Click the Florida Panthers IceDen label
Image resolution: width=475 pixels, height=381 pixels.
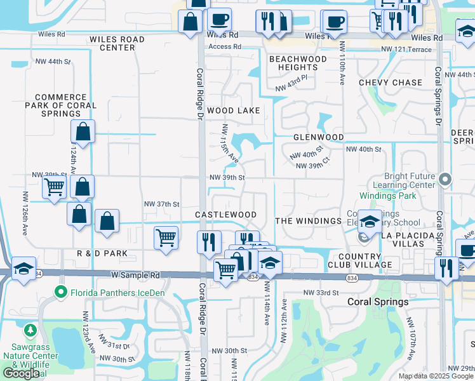tap(112, 293)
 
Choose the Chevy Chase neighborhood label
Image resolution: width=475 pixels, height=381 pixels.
tap(390, 83)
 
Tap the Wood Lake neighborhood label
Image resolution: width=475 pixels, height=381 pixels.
tap(233, 110)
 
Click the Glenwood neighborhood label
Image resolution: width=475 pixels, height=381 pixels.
tap(318, 137)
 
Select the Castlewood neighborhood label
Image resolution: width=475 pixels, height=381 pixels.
tap(225, 215)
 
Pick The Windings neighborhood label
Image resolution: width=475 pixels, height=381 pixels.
tap(309, 220)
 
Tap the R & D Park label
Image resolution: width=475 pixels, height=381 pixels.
tap(102, 253)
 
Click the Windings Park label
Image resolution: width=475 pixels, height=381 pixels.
tap(387, 196)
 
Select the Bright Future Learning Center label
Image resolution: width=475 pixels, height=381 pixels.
tap(410, 180)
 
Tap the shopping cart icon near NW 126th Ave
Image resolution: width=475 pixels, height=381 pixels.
tap(54, 187)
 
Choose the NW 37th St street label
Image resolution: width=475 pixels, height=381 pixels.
tap(162, 204)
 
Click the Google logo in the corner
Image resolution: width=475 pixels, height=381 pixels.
tap(21, 373)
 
